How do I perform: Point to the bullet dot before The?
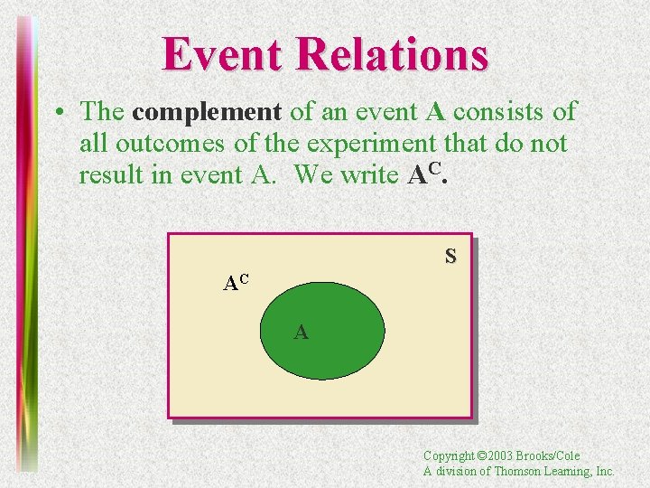(57, 113)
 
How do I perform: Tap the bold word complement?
(207, 112)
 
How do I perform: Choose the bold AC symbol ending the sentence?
(427, 174)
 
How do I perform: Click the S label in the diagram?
(450, 257)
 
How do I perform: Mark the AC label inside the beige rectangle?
(236, 283)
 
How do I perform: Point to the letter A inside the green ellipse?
(301, 333)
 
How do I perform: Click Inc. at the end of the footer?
(606, 471)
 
